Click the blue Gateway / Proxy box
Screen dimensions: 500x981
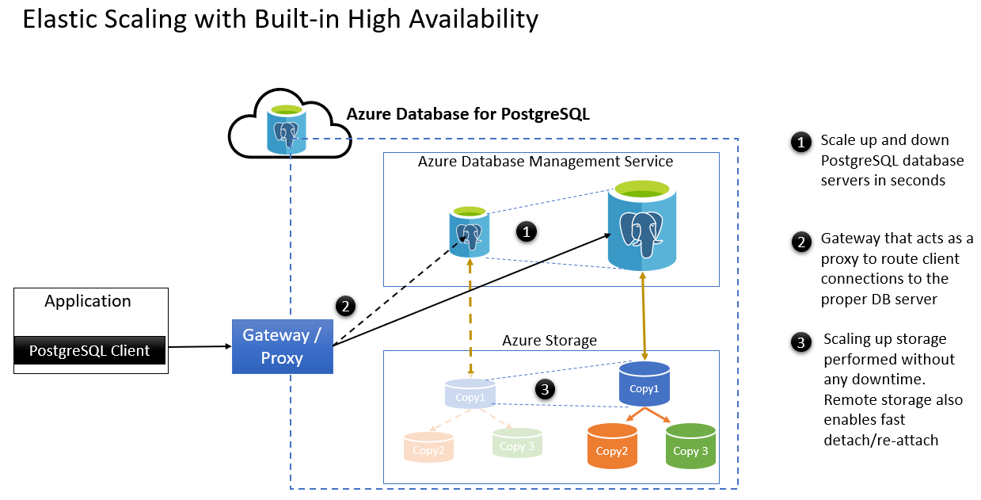pos(282,346)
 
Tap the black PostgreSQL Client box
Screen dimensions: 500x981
pos(89,350)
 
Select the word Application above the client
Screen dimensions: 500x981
pos(88,301)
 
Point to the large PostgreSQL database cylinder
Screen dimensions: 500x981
pos(642,226)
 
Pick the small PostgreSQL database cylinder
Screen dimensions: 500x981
pos(469,231)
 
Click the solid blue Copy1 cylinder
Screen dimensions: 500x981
pos(644,384)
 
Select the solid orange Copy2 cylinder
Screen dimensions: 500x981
pos(611,446)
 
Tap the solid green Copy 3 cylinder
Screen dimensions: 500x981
pos(690,446)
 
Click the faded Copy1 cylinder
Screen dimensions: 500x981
pos(470,394)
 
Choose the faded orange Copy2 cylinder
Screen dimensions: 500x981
pos(428,448)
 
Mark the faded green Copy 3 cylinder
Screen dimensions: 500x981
pos(516,444)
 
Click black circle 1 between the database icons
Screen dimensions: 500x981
pos(527,231)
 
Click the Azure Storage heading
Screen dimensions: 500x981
pos(549,340)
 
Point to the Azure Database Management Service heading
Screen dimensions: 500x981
pos(546,162)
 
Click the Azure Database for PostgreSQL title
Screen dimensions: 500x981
pos(468,114)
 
